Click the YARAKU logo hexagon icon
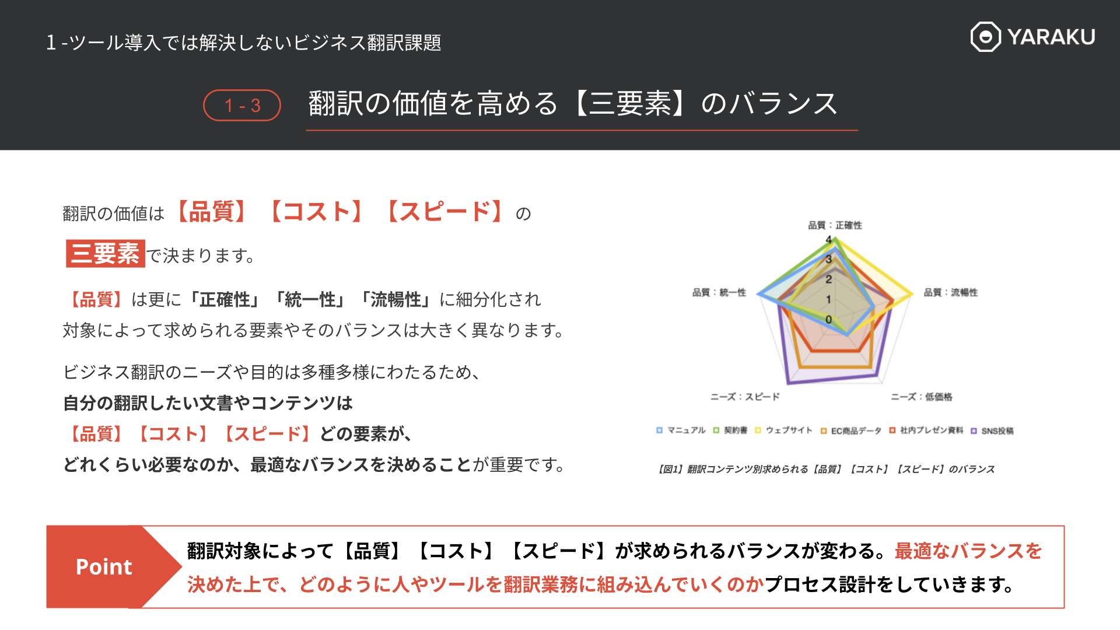pos(985,37)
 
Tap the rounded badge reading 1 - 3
pos(242,106)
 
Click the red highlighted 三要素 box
pos(106,254)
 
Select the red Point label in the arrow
pos(104,567)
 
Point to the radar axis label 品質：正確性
pos(835,225)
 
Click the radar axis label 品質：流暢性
pos(951,292)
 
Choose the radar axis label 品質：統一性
pos(719,292)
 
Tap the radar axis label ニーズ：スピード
pos(745,397)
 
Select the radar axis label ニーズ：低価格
pos(922,397)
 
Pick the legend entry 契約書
pos(730,430)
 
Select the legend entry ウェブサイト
pos(783,430)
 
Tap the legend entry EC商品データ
pos(851,431)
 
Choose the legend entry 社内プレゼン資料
pos(926,430)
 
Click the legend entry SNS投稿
pos(992,431)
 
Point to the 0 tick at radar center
pos(828,320)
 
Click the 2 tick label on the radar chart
pos(828,279)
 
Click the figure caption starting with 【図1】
pos(826,469)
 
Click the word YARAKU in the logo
pos(1051,37)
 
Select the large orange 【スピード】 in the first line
pos(444,211)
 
